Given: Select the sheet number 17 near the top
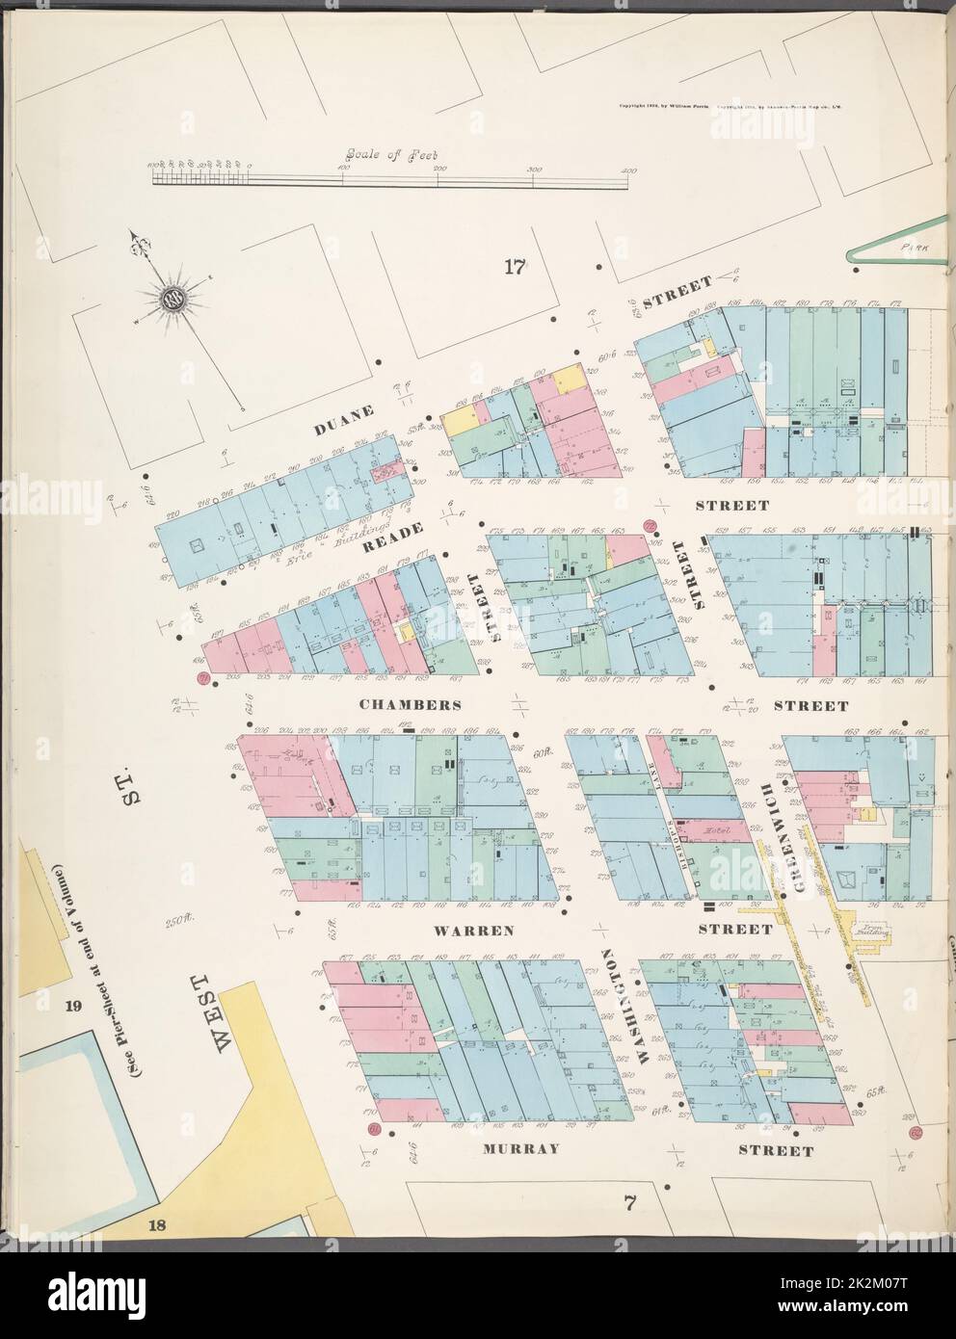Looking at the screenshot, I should pos(514,268).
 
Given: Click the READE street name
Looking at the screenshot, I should pos(389,545).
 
